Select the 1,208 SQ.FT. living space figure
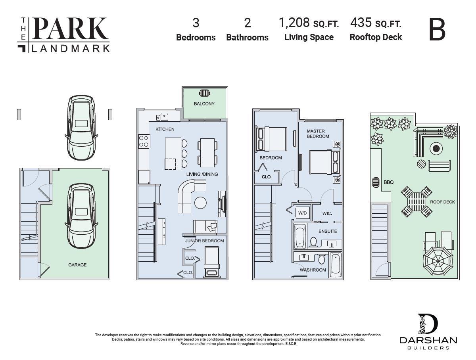pos(309,23)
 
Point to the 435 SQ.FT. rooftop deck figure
pos(376,23)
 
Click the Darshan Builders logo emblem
pos(427,324)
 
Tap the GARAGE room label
pos(77,265)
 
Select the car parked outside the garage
pos(81,128)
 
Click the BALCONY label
pos(204,104)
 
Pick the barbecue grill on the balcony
pos(204,93)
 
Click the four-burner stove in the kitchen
pos(144,142)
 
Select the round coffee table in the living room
pos(200,203)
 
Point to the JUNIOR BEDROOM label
pos(204,241)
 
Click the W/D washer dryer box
pos(302,213)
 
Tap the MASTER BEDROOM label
pos(318,134)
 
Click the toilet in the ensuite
pos(313,241)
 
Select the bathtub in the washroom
pos(335,264)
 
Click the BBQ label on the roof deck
pos(388,182)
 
